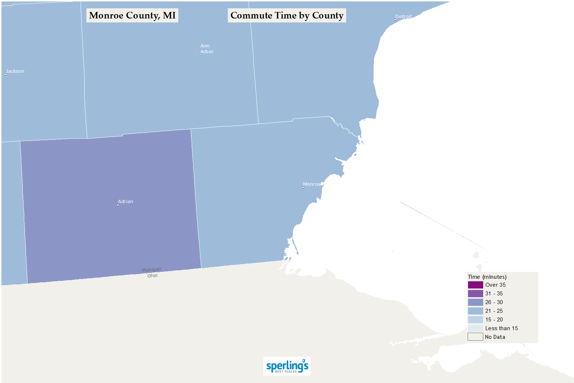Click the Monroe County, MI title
pos(132,16)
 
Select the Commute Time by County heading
pos(287,16)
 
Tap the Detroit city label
pos(403,17)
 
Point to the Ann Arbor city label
pos(207,49)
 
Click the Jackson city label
pos(15,71)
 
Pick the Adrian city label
pos(126,202)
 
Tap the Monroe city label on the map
pos(312,184)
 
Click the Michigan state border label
pos(152,270)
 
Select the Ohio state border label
pos(152,276)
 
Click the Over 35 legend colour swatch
pos(475,285)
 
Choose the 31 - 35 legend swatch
pos(475,294)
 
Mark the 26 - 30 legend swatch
pos(475,302)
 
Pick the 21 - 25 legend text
pos(494,311)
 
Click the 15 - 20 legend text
pos(494,320)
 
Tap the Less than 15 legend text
pos(501,328)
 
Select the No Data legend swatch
pos(475,337)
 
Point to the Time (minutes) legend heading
pos(487,277)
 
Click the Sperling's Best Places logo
pos(287,366)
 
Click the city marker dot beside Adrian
pos(118,205)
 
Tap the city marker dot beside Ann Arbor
pos(200,55)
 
